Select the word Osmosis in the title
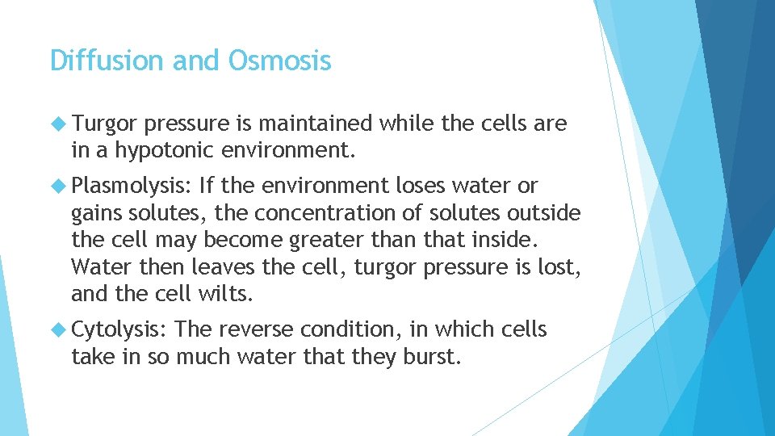pyautogui.click(x=280, y=61)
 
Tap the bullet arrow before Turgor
pyautogui.click(x=59, y=124)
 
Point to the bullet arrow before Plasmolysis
pyautogui.click(x=59, y=187)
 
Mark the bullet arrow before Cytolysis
pyautogui.click(x=59, y=329)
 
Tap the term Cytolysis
pyautogui.click(x=119, y=329)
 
